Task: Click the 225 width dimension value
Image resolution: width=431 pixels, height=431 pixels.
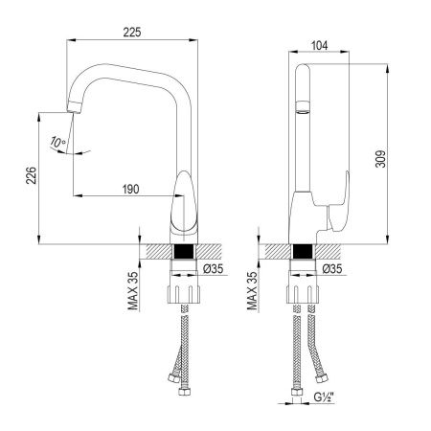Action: pos(132,33)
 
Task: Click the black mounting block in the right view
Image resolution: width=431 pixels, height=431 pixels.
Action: pos(303,252)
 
